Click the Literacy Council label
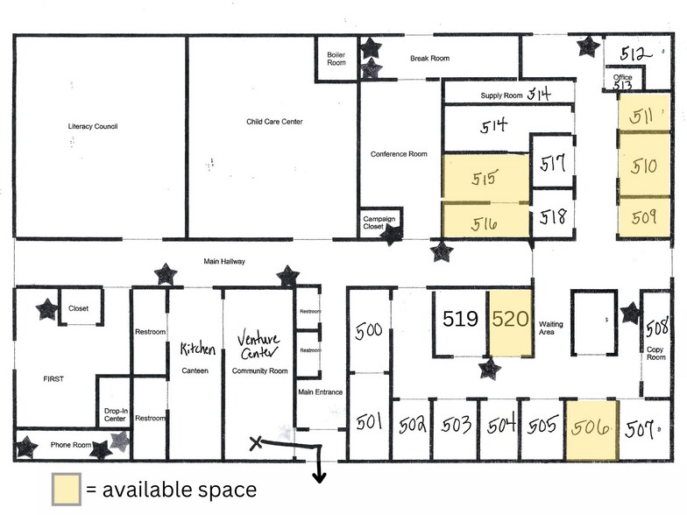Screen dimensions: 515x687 point(93,126)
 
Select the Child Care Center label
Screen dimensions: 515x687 point(274,122)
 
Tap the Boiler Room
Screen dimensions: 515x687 point(336,58)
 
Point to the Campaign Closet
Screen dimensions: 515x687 point(379,222)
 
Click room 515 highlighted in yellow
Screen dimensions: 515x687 point(485,178)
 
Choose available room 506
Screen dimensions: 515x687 point(591,428)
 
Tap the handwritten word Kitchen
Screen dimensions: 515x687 point(197,349)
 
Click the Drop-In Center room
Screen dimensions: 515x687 point(115,414)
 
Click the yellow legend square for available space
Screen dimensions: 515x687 point(66,489)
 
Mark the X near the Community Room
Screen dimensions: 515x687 point(256,442)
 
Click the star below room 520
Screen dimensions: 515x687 point(489,369)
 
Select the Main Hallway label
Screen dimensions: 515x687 point(224,261)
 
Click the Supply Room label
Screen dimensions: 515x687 point(501,95)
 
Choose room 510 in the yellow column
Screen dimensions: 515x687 point(644,165)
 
